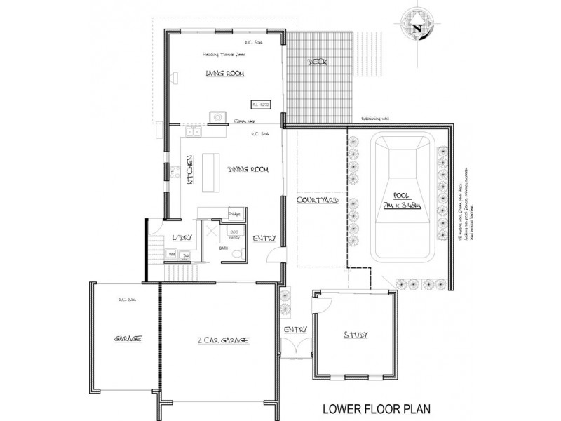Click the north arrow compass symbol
point(417,28)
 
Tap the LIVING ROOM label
point(220,73)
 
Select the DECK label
point(320,62)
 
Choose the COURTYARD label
point(318,201)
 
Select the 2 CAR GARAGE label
point(221,340)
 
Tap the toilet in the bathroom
point(238,254)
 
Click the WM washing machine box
point(172,254)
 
